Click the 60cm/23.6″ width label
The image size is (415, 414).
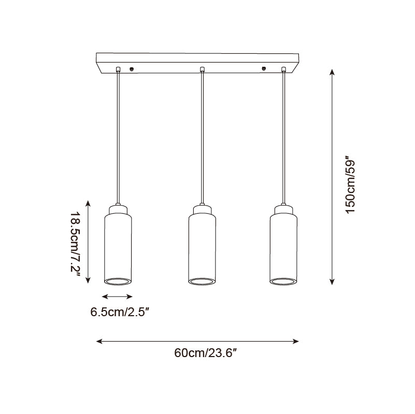point(206,353)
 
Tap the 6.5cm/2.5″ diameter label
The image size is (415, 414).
point(120,312)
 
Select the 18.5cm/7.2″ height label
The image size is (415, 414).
point(76,243)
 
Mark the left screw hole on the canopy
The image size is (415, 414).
point(132,68)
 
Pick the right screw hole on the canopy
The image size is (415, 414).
point(264,68)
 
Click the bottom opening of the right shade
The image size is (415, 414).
point(284,282)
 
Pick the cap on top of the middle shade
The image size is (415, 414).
point(202,210)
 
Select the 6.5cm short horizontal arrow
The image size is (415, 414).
point(118,297)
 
